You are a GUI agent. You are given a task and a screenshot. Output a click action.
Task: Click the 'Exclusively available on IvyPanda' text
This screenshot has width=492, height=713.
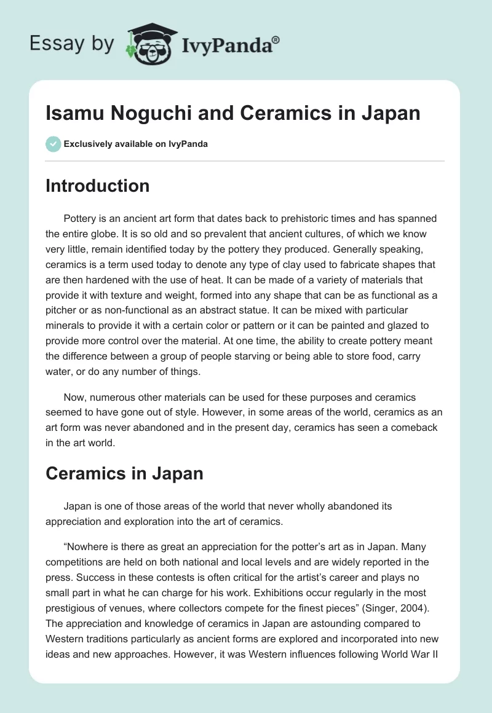point(135,144)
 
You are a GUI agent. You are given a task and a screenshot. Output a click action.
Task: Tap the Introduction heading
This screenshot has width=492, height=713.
point(97,186)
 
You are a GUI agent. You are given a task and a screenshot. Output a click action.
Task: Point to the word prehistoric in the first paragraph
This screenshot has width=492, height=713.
point(307,218)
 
